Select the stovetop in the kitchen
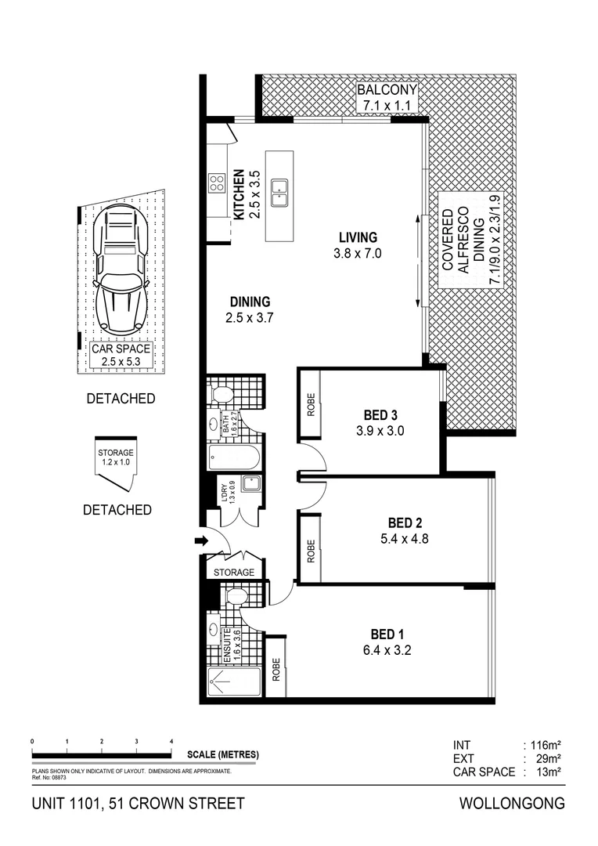tap(216, 184)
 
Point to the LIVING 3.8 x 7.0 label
tap(358, 245)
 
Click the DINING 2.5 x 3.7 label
tap(250, 309)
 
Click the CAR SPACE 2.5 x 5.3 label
tap(121, 355)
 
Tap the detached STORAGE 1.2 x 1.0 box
tap(114, 458)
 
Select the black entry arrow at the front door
tap(200, 540)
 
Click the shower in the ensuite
tap(234, 683)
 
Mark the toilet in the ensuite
tap(235, 598)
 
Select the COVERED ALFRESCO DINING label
tap(468, 240)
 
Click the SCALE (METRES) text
tap(223, 755)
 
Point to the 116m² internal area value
tap(547, 745)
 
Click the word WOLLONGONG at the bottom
tap(512, 804)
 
